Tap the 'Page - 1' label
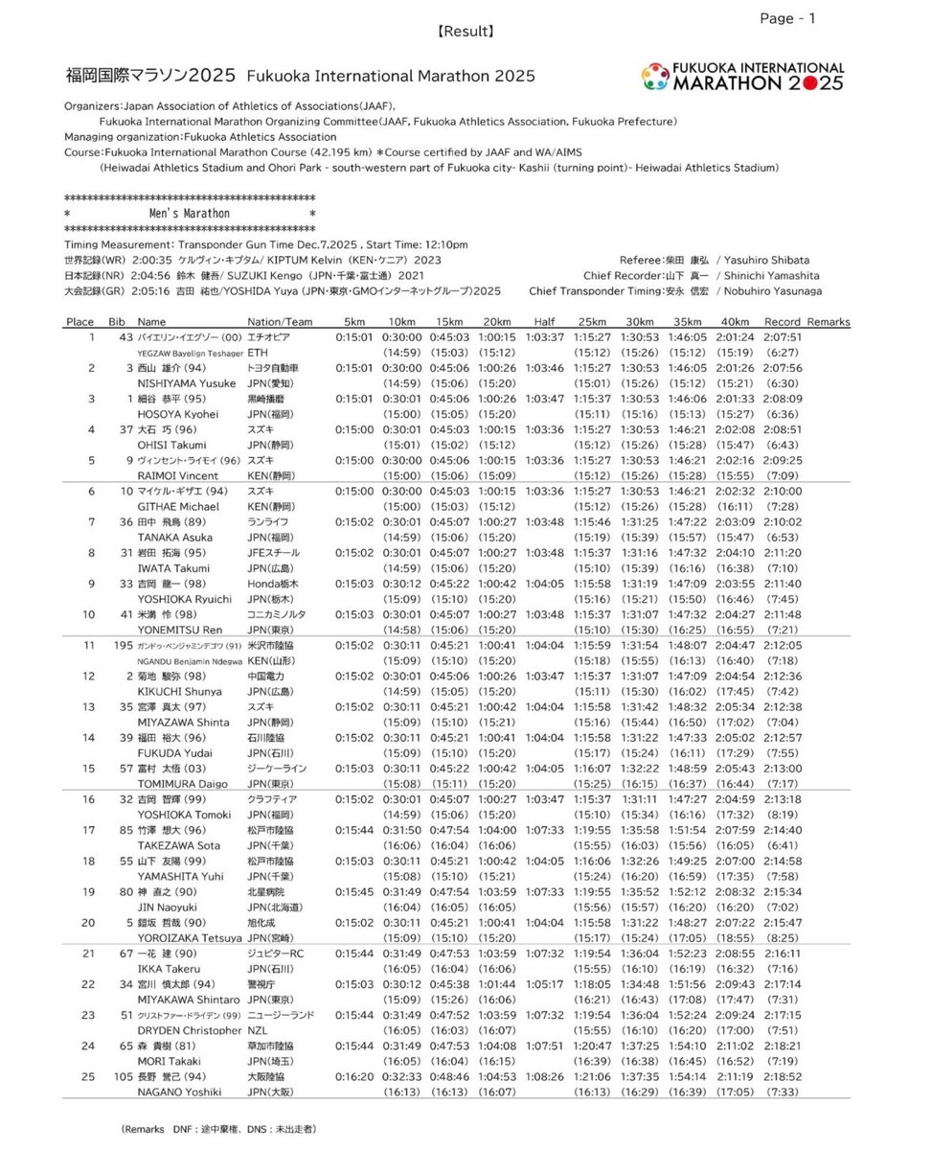click(788, 18)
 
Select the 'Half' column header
click(544, 322)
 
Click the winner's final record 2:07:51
click(783, 338)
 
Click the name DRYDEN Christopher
click(189, 1030)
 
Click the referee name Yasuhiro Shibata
click(767, 260)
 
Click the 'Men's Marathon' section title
click(190, 214)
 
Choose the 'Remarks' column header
click(829, 322)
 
